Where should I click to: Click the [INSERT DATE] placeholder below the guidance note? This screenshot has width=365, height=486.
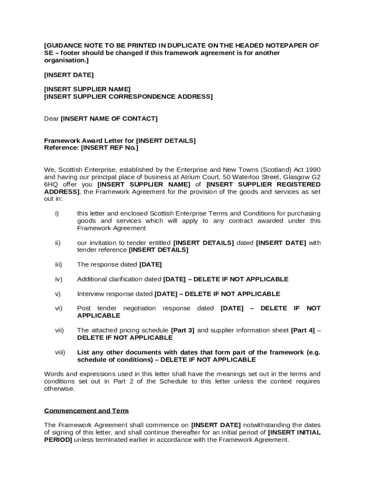69,75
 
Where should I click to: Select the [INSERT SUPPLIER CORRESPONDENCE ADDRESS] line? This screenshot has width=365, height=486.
128,97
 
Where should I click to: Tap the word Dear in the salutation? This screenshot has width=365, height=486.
51,119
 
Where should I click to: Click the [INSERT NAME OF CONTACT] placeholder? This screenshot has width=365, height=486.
109,119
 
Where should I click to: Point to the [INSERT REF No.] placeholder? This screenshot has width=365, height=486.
109,148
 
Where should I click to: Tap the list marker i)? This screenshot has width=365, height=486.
57,214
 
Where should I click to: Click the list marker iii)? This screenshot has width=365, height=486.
58,265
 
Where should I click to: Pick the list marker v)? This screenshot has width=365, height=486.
58,294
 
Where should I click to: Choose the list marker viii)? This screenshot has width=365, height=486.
60,353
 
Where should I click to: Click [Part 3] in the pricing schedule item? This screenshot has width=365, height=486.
182,330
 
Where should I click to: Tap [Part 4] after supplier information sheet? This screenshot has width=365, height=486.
303,330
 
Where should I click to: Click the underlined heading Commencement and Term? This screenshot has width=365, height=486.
86,411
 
